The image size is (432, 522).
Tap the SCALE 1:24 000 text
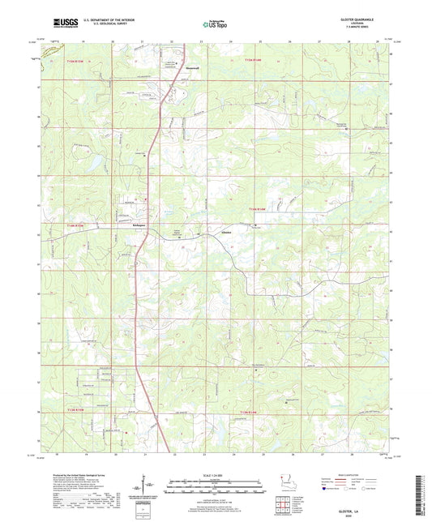point(216,475)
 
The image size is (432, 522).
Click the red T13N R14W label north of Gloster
point(257,211)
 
